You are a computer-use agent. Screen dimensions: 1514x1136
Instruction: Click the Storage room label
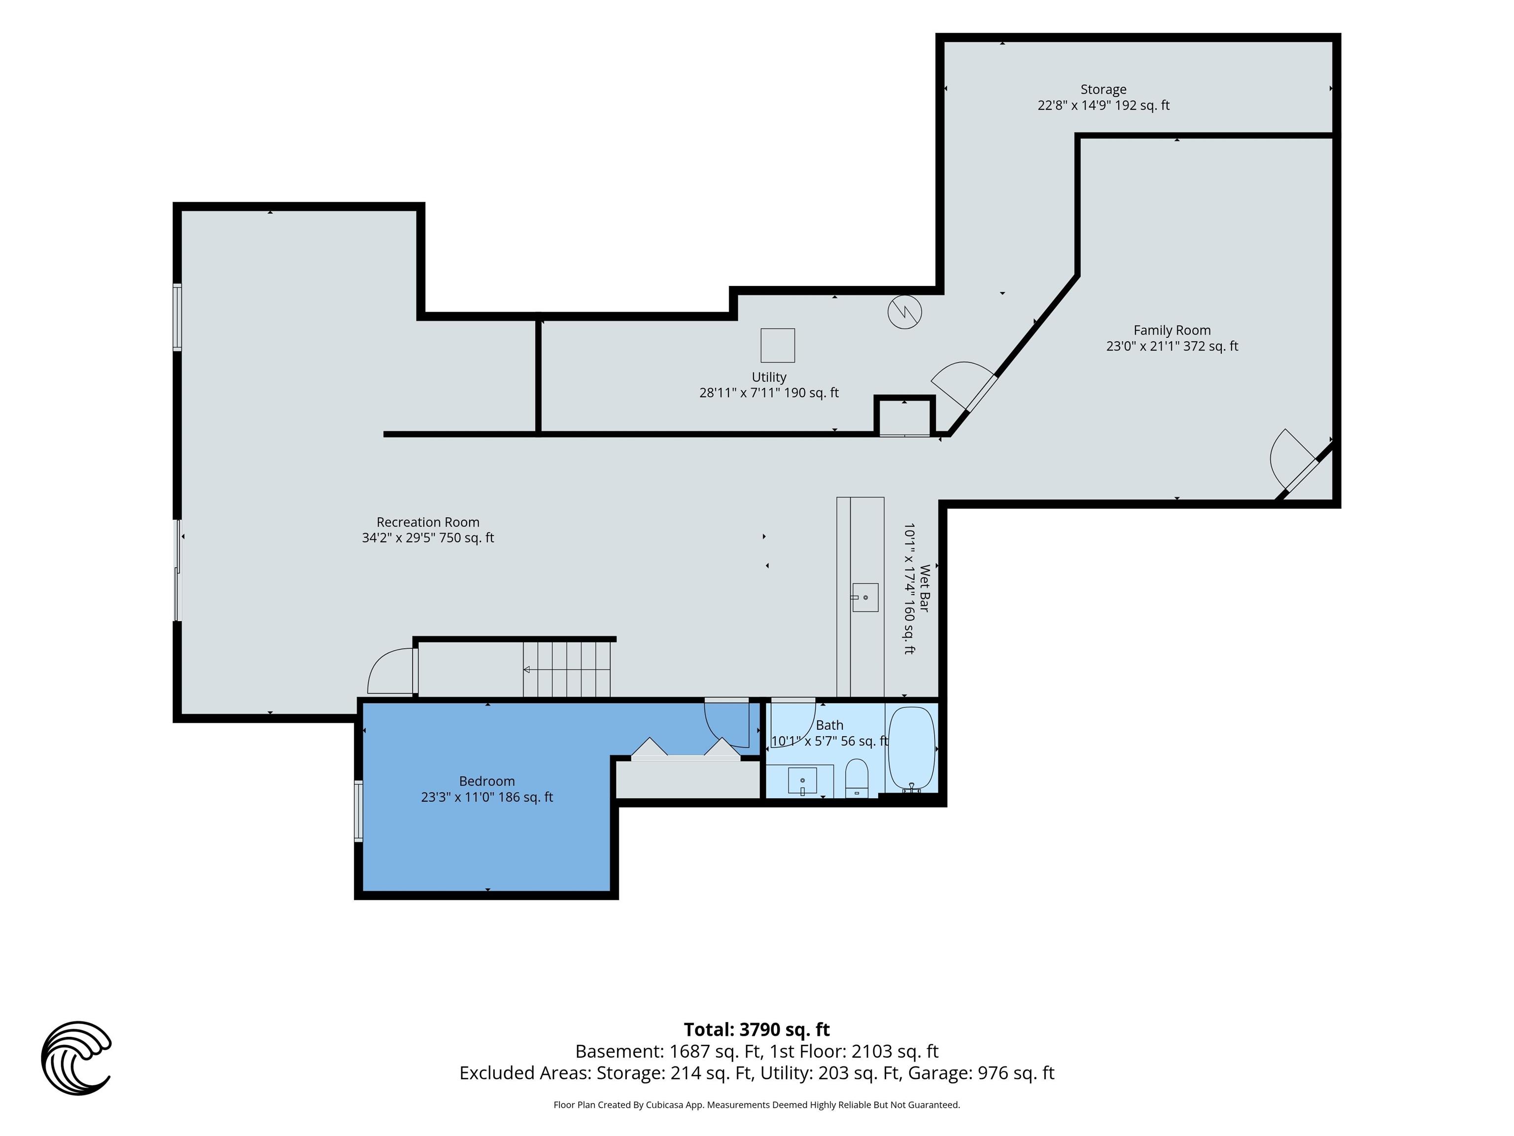coord(1103,97)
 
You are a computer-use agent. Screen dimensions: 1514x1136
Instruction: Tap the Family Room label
coord(1172,338)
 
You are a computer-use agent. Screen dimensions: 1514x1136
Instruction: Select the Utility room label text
coord(769,385)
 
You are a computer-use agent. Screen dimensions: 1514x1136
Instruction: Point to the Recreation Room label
coord(428,530)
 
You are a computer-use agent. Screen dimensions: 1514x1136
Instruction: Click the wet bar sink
coord(865,597)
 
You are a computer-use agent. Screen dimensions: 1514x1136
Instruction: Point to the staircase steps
coord(567,669)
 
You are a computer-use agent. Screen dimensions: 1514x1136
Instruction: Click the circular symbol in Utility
coord(905,312)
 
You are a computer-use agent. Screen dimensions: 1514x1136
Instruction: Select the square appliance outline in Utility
coord(778,345)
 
